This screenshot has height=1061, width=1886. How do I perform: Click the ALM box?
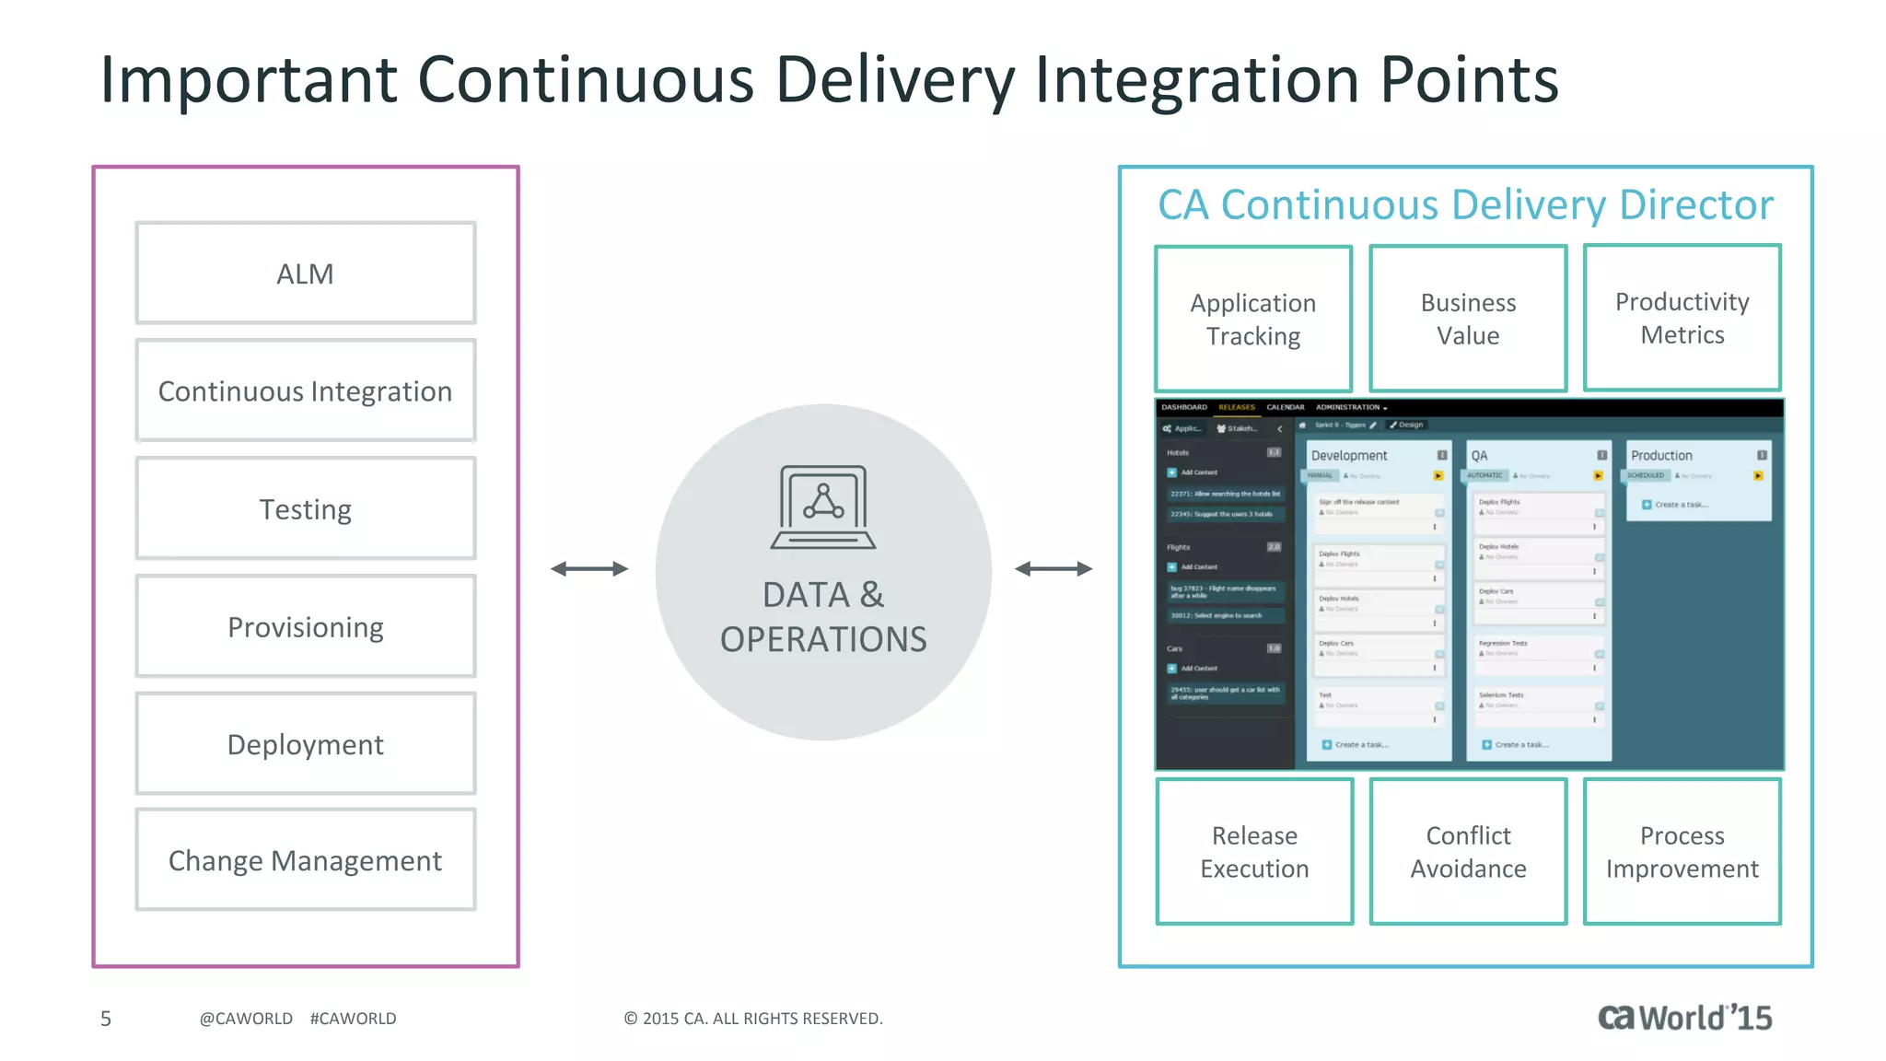306,274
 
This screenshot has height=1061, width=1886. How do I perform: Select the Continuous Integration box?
306,391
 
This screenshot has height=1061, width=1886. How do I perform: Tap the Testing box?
306,508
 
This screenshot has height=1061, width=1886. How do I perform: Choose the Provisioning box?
306,626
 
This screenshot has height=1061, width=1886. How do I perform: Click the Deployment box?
306,743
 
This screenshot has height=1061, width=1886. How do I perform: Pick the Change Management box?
306,860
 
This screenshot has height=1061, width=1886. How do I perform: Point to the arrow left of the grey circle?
589,569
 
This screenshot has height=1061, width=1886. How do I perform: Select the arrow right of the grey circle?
1054,569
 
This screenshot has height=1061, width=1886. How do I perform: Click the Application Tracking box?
1253,319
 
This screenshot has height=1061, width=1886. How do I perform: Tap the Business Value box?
1468,319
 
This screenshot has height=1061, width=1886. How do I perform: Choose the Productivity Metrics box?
1682,318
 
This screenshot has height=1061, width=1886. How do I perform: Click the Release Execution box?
1254,851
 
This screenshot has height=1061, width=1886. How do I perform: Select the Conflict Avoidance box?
1468,851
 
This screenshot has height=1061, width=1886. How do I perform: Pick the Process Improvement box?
1682,851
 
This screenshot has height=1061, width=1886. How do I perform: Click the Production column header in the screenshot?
1662,455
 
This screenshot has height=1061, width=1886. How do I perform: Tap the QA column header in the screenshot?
1480,455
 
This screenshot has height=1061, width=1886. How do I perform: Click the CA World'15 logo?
1684,1017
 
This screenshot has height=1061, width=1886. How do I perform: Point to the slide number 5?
106,1019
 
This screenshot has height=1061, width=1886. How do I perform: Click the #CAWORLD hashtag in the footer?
353,1019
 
